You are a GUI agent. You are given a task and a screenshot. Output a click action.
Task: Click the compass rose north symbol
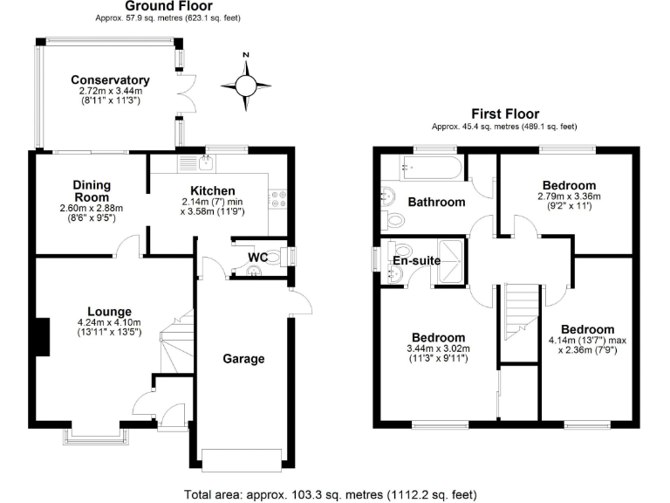tap(246, 83)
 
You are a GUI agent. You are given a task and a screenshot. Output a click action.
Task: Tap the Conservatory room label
tap(110, 80)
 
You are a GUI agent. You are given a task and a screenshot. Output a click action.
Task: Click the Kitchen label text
tap(213, 191)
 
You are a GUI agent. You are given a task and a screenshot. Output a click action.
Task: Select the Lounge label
tap(109, 312)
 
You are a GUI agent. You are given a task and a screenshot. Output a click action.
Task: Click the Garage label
tap(243, 358)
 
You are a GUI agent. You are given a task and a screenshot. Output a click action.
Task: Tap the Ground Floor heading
tap(169, 6)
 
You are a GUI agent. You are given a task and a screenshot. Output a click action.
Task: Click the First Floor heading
tap(505, 114)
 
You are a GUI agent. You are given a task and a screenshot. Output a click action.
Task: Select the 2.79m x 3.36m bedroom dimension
tap(570, 197)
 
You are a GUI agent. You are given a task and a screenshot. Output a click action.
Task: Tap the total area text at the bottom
tap(331, 494)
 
